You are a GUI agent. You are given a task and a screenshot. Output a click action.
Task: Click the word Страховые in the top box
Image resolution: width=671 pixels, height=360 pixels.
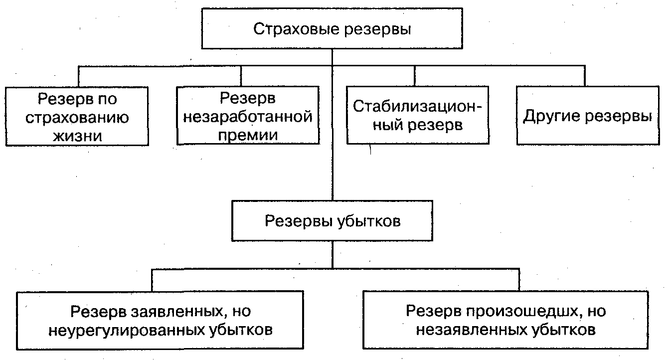[296, 29]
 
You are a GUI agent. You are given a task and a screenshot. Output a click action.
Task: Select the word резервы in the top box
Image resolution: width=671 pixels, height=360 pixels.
[377, 30]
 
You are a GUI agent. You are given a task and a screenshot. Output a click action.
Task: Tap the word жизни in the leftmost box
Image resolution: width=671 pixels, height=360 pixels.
[77, 136]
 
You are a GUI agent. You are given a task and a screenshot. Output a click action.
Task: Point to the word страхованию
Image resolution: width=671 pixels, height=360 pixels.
[77, 118]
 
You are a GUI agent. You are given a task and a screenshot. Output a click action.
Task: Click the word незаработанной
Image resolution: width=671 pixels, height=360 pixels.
[248, 117]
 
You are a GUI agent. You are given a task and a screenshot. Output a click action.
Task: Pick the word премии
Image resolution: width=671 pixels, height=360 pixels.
[248, 135]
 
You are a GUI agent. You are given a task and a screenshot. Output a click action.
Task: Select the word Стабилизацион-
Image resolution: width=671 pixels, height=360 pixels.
[418, 106]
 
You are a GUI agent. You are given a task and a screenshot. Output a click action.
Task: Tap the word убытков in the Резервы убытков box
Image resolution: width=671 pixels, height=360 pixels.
[369, 221]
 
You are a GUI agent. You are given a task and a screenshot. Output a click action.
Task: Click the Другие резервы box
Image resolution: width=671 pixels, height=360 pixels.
[588, 116]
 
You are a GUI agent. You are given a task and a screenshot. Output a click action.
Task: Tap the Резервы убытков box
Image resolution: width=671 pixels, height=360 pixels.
[332, 221]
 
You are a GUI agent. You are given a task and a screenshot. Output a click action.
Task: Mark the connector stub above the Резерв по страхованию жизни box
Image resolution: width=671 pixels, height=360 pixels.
[78, 76]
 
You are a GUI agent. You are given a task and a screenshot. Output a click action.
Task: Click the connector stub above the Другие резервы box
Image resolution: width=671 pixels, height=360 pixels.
[585, 76]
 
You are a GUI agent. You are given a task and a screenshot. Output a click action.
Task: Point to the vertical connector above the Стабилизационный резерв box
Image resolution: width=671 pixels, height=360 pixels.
[415, 76]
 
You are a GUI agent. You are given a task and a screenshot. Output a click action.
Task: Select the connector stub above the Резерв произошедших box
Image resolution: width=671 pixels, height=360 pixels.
[519, 280]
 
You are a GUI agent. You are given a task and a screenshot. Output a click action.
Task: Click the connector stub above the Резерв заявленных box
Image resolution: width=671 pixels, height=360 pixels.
[152, 280]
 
